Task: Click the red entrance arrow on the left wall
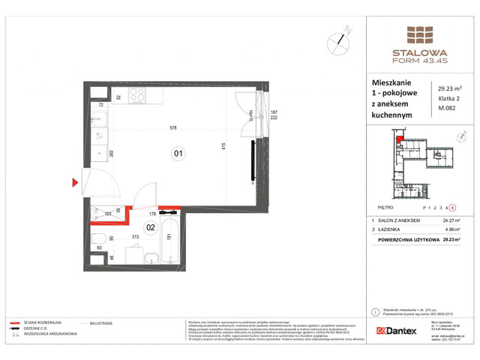coord(75,182)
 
